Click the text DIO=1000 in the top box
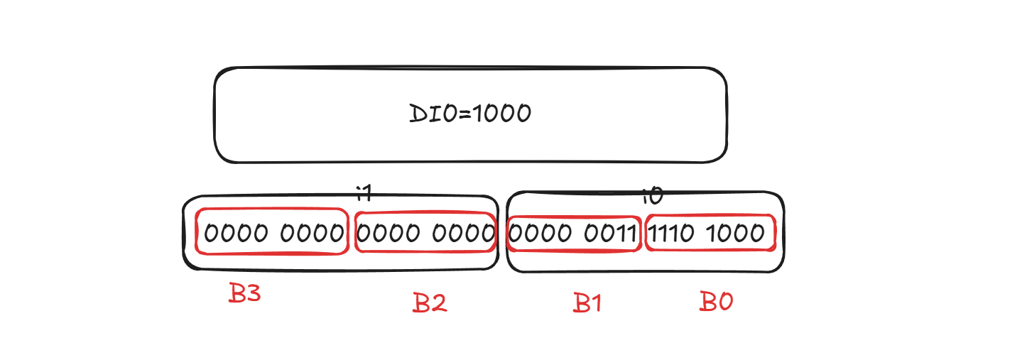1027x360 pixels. pyautogui.click(x=470, y=114)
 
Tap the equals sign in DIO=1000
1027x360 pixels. pyautogui.click(x=464, y=114)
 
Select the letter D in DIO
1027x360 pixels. pyautogui.click(x=418, y=114)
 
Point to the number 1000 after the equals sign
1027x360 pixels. pyautogui.click(x=501, y=114)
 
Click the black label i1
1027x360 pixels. pyautogui.click(x=364, y=193)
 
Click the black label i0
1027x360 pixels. pyautogui.click(x=653, y=196)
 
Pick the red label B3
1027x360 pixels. pyautogui.click(x=244, y=293)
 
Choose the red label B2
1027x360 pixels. pyautogui.click(x=430, y=302)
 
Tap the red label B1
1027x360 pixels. pyautogui.click(x=587, y=302)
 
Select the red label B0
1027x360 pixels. pyautogui.click(x=716, y=301)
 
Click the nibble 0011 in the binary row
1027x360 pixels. pyautogui.click(x=610, y=233)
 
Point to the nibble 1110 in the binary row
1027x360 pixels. pyautogui.click(x=670, y=233)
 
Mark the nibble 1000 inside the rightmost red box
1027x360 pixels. pyautogui.click(x=735, y=233)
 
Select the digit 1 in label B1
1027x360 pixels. pyautogui.click(x=595, y=302)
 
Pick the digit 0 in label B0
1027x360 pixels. pyautogui.click(x=725, y=301)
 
